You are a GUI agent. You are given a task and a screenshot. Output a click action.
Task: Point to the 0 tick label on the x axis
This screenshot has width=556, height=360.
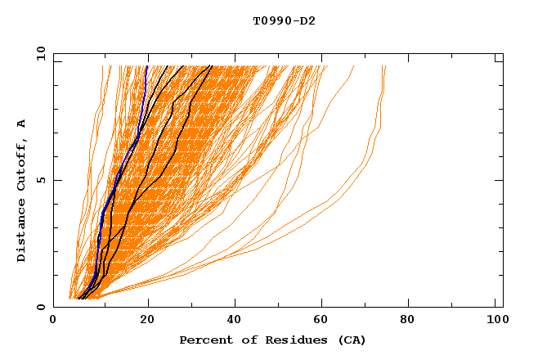tap(53, 321)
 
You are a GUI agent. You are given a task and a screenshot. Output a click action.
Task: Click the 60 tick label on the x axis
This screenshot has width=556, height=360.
tap(322, 321)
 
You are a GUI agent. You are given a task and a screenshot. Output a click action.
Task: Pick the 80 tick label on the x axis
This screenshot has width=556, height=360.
tap(412, 321)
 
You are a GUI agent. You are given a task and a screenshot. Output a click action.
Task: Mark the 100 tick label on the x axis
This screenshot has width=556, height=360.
tap(498, 321)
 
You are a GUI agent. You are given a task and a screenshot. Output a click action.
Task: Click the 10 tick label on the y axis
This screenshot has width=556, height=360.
tap(39, 53)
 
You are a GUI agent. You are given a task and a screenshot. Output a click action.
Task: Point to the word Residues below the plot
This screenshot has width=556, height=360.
tap(290, 340)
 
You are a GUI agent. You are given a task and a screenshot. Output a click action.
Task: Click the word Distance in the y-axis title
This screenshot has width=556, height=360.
tap(22, 231)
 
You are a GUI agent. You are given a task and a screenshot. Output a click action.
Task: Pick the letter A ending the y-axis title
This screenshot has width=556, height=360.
tap(22, 124)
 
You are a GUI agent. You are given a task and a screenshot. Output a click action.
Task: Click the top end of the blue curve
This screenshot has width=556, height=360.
tap(147, 66)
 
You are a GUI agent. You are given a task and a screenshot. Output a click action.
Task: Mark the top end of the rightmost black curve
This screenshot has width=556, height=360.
tap(212, 66)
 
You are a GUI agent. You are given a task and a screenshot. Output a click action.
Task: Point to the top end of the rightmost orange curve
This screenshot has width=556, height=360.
tap(385, 66)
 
